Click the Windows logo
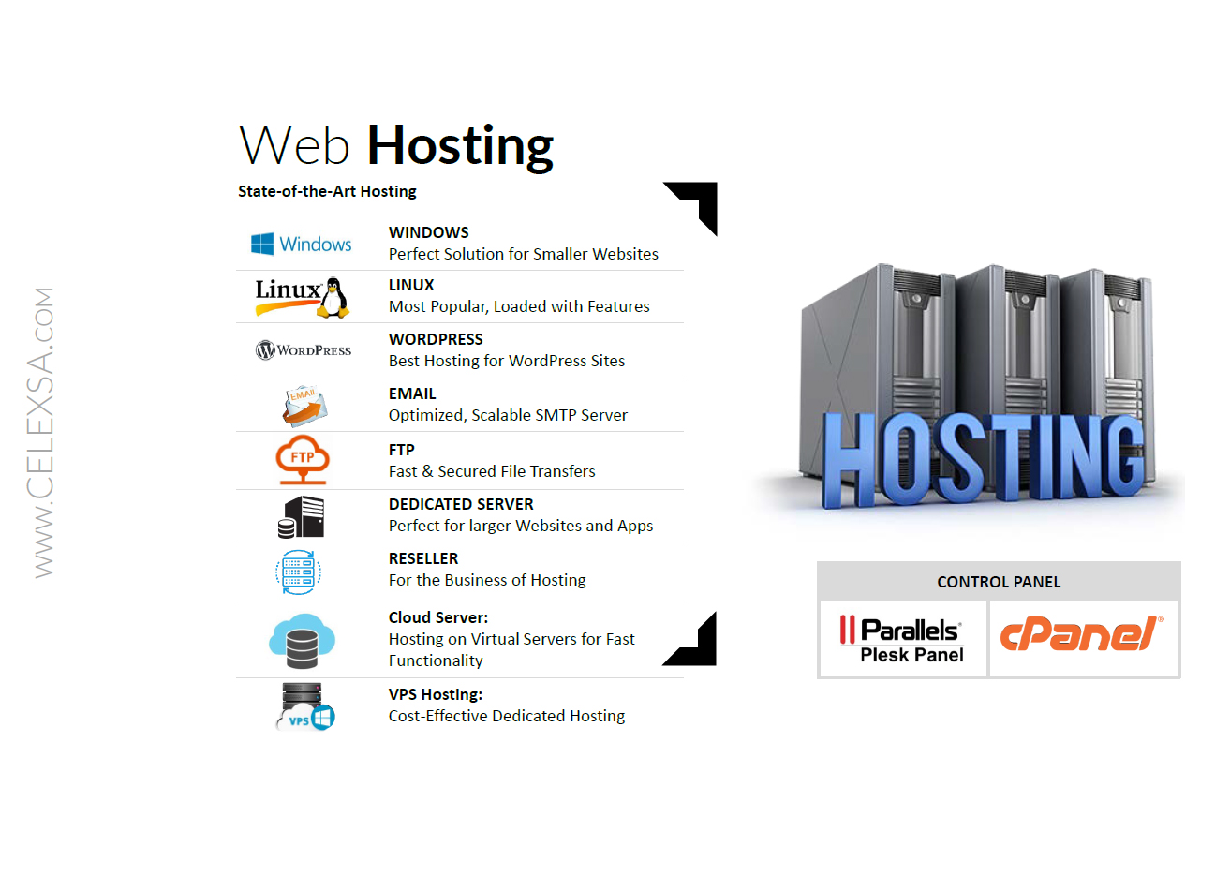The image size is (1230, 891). (301, 245)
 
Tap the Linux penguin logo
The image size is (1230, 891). (302, 296)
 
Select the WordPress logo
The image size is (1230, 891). (304, 350)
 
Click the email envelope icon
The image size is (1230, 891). (304, 407)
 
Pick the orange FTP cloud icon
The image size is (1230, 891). (303, 459)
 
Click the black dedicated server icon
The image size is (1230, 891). (302, 517)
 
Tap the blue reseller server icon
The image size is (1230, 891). (299, 572)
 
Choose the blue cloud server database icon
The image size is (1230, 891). (302, 641)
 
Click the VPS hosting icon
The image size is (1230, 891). (305, 706)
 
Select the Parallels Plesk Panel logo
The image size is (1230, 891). (902, 640)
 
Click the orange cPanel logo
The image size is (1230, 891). (1082, 635)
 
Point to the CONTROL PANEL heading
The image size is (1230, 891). (999, 582)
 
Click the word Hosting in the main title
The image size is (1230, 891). (460, 146)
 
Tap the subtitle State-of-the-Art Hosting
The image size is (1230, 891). (327, 191)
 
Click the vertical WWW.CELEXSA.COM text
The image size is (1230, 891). (43, 432)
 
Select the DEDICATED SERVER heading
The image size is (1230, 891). (461, 504)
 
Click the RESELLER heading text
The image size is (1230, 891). (423, 558)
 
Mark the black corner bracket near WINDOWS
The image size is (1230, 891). (698, 201)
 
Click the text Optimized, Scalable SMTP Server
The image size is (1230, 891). (508, 415)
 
